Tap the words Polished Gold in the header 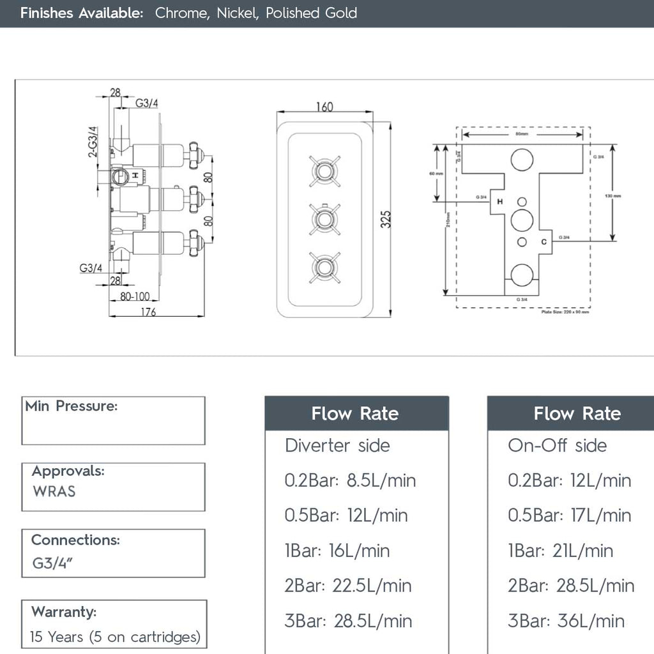click(x=311, y=13)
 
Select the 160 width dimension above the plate click(x=324, y=107)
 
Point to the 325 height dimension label click(x=385, y=219)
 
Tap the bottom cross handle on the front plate click(x=324, y=268)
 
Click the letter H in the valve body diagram click(x=499, y=201)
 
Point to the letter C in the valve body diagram click(x=543, y=241)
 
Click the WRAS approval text click(x=54, y=491)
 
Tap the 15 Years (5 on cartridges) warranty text click(x=115, y=637)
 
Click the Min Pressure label click(x=71, y=406)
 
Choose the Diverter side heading click(x=337, y=445)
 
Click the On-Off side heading click(x=557, y=445)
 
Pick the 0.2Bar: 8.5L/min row click(x=350, y=480)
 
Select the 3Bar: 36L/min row click(x=566, y=621)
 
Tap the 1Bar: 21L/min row click(x=560, y=551)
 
